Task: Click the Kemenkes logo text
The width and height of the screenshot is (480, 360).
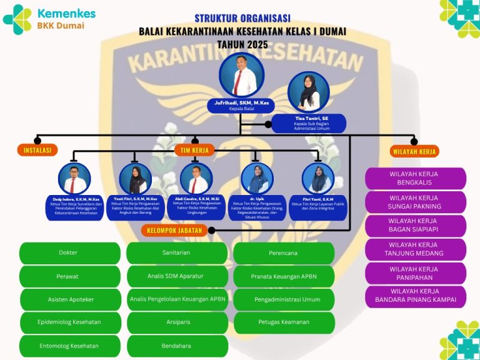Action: pyautogui.click(x=66, y=13)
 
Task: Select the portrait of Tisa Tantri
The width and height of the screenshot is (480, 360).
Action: pyautogui.click(x=308, y=92)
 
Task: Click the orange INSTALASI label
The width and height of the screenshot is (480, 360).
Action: pyautogui.click(x=37, y=150)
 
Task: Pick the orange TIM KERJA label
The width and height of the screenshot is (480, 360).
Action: pyautogui.click(x=194, y=150)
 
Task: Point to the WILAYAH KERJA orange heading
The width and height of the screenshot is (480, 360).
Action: pyautogui.click(x=414, y=151)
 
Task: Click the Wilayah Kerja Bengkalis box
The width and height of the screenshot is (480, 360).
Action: pyautogui.click(x=416, y=178)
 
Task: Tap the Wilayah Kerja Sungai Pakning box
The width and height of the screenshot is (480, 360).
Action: pyautogui.click(x=416, y=202)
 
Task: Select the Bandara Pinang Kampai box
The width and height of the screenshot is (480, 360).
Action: pyautogui.click(x=416, y=296)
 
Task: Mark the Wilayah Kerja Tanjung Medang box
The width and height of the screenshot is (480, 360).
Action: pyautogui.click(x=416, y=249)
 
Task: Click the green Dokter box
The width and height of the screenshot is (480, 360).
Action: pyautogui.click(x=69, y=253)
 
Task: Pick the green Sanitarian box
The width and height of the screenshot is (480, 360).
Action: pyautogui.click(x=176, y=252)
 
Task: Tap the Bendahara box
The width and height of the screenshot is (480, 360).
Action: pyautogui.click(x=176, y=346)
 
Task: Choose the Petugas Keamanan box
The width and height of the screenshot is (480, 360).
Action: pyautogui.click(x=283, y=322)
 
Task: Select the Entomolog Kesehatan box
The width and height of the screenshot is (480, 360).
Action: pyautogui.click(x=70, y=346)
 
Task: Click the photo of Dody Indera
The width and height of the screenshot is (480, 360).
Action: pyautogui.click(x=73, y=179)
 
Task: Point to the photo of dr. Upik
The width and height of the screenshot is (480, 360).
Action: pyautogui.click(x=257, y=179)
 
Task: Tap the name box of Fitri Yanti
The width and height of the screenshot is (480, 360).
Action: pyautogui.click(x=318, y=205)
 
